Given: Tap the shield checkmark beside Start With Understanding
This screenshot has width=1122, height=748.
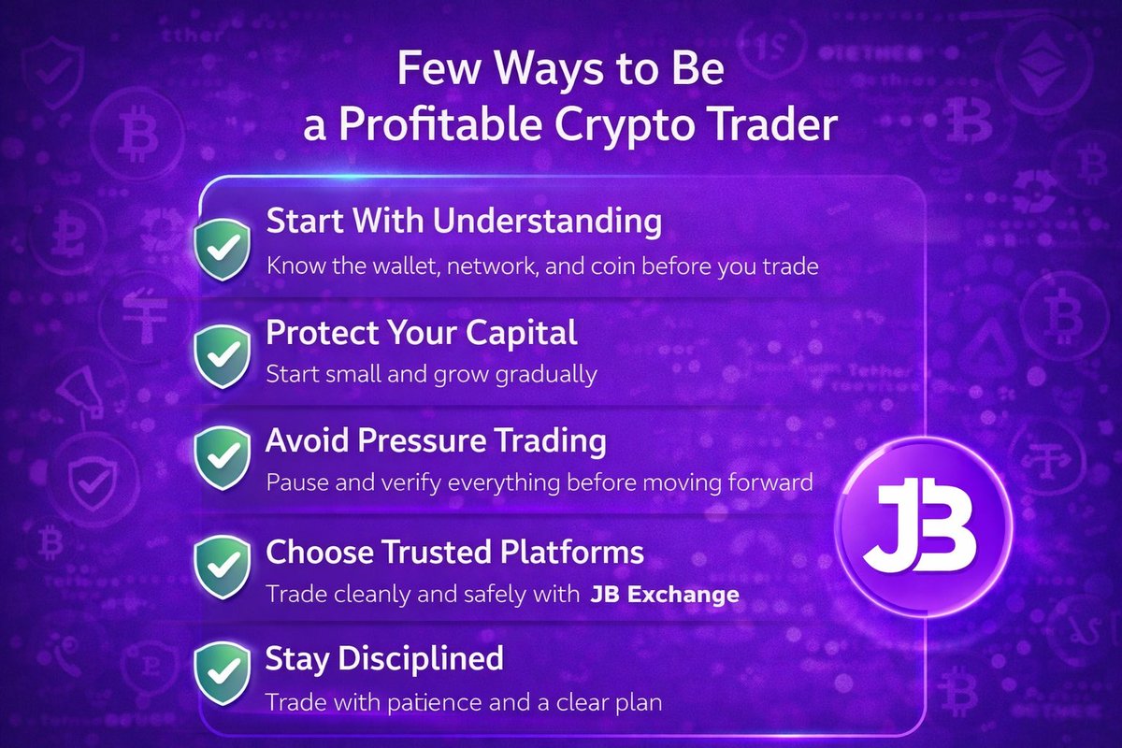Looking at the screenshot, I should tap(221, 249).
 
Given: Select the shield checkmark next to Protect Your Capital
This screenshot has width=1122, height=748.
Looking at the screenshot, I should tap(221, 356).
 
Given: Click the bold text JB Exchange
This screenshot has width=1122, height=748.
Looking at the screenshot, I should tap(665, 594).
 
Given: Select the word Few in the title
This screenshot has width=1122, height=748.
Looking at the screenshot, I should tap(433, 71).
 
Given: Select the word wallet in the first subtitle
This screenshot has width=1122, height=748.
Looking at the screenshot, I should tap(401, 266).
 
